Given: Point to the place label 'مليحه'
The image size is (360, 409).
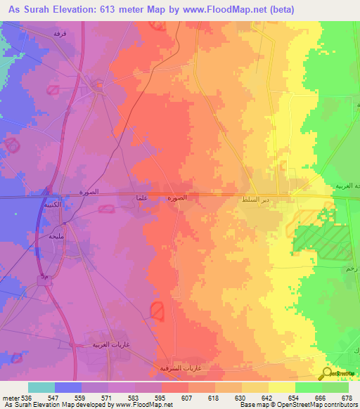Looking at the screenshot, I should point(56,237).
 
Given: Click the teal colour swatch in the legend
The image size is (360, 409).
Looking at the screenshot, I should point(41,387).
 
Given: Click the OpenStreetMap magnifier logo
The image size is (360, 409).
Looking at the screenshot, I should point(328,373).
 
